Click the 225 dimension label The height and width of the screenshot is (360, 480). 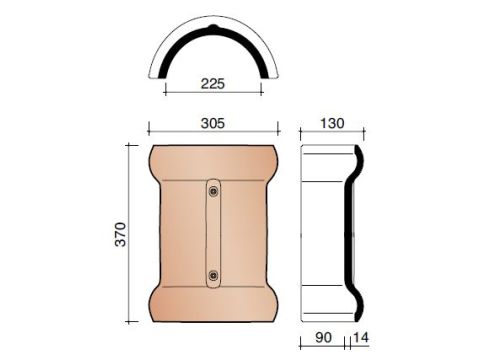click(213, 83)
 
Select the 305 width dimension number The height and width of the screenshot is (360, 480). click(213, 123)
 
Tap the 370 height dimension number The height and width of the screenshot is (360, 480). click(121, 234)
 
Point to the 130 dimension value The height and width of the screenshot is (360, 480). click(332, 123)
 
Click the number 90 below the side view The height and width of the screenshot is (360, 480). click(323, 337)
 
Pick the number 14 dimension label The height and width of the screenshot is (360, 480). click(361, 337)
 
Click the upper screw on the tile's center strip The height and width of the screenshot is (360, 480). click(213, 191)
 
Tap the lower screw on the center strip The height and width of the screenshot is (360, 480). click(213, 275)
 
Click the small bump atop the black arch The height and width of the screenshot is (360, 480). click(213, 26)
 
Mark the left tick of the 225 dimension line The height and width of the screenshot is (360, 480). click(165, 89)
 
